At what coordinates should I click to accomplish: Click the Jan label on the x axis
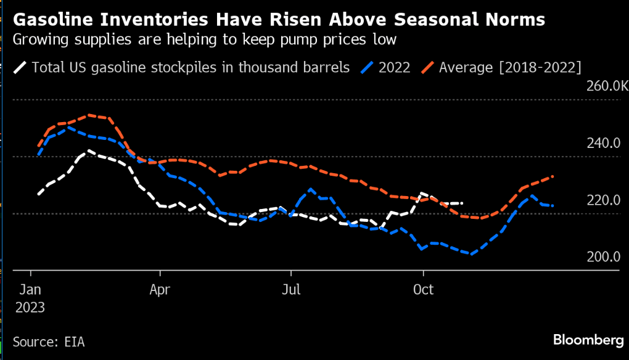(x=30, y=289)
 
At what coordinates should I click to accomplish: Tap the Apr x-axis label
(x=160, y=289)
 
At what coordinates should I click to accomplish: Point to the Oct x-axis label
(x=423, y=289)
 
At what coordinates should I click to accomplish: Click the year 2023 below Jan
(x=30, y=307)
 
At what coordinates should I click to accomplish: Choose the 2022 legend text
(x=394, y=67)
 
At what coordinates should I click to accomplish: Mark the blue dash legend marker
(x=368, y=67)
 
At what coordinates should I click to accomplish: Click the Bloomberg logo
(x=588, y=340)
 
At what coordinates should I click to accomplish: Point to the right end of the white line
(x=462, y=203)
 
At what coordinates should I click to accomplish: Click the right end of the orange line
(x=553, y=176)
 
